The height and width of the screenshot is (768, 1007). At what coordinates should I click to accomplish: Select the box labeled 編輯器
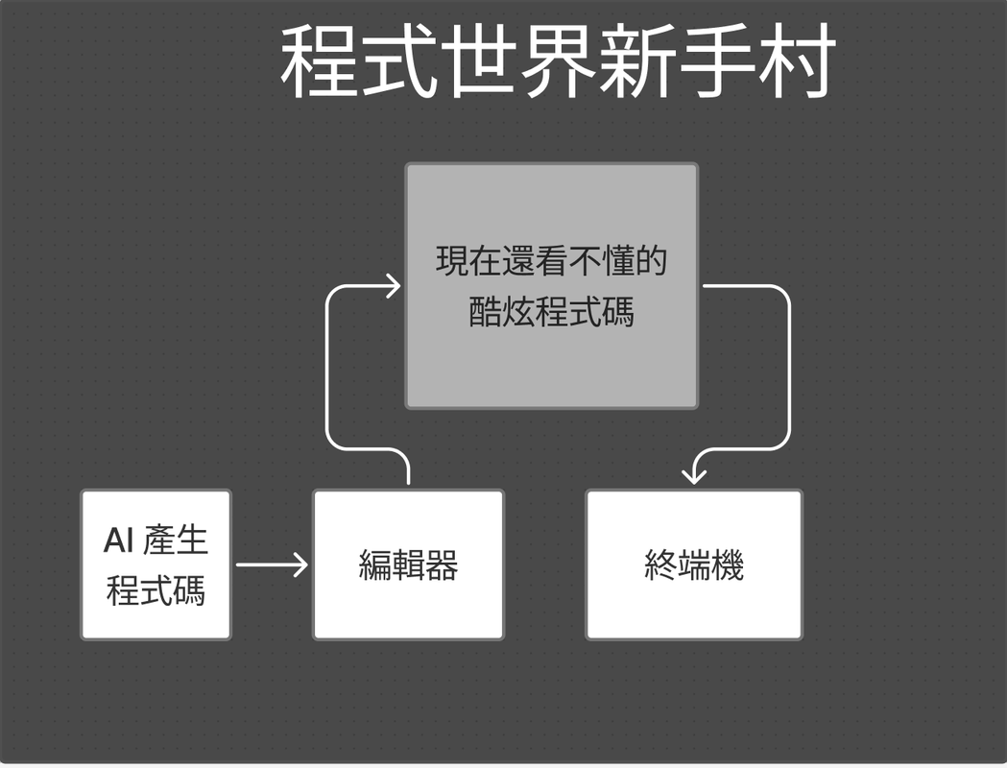point(408,564)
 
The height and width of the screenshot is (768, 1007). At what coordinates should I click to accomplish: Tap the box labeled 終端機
point(694,564)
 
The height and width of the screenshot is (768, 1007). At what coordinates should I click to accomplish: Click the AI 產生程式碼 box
point(156,564)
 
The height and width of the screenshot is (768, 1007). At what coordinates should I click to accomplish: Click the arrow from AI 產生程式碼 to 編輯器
point(271,564)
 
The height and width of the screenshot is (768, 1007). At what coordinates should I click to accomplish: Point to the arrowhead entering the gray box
point(393,285)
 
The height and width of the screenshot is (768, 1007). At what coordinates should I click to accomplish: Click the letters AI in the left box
point(118,540)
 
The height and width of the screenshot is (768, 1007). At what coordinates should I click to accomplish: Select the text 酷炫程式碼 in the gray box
point(551,312)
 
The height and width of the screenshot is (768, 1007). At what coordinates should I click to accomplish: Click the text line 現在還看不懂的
point(551,261)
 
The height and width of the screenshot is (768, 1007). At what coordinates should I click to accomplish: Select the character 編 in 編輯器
point(375,565)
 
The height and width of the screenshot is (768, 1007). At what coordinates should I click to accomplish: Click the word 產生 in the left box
point(176,540)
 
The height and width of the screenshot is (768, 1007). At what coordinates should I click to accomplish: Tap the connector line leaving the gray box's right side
point(789,365)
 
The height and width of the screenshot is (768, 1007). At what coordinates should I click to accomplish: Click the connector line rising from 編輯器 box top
point(327,384)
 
